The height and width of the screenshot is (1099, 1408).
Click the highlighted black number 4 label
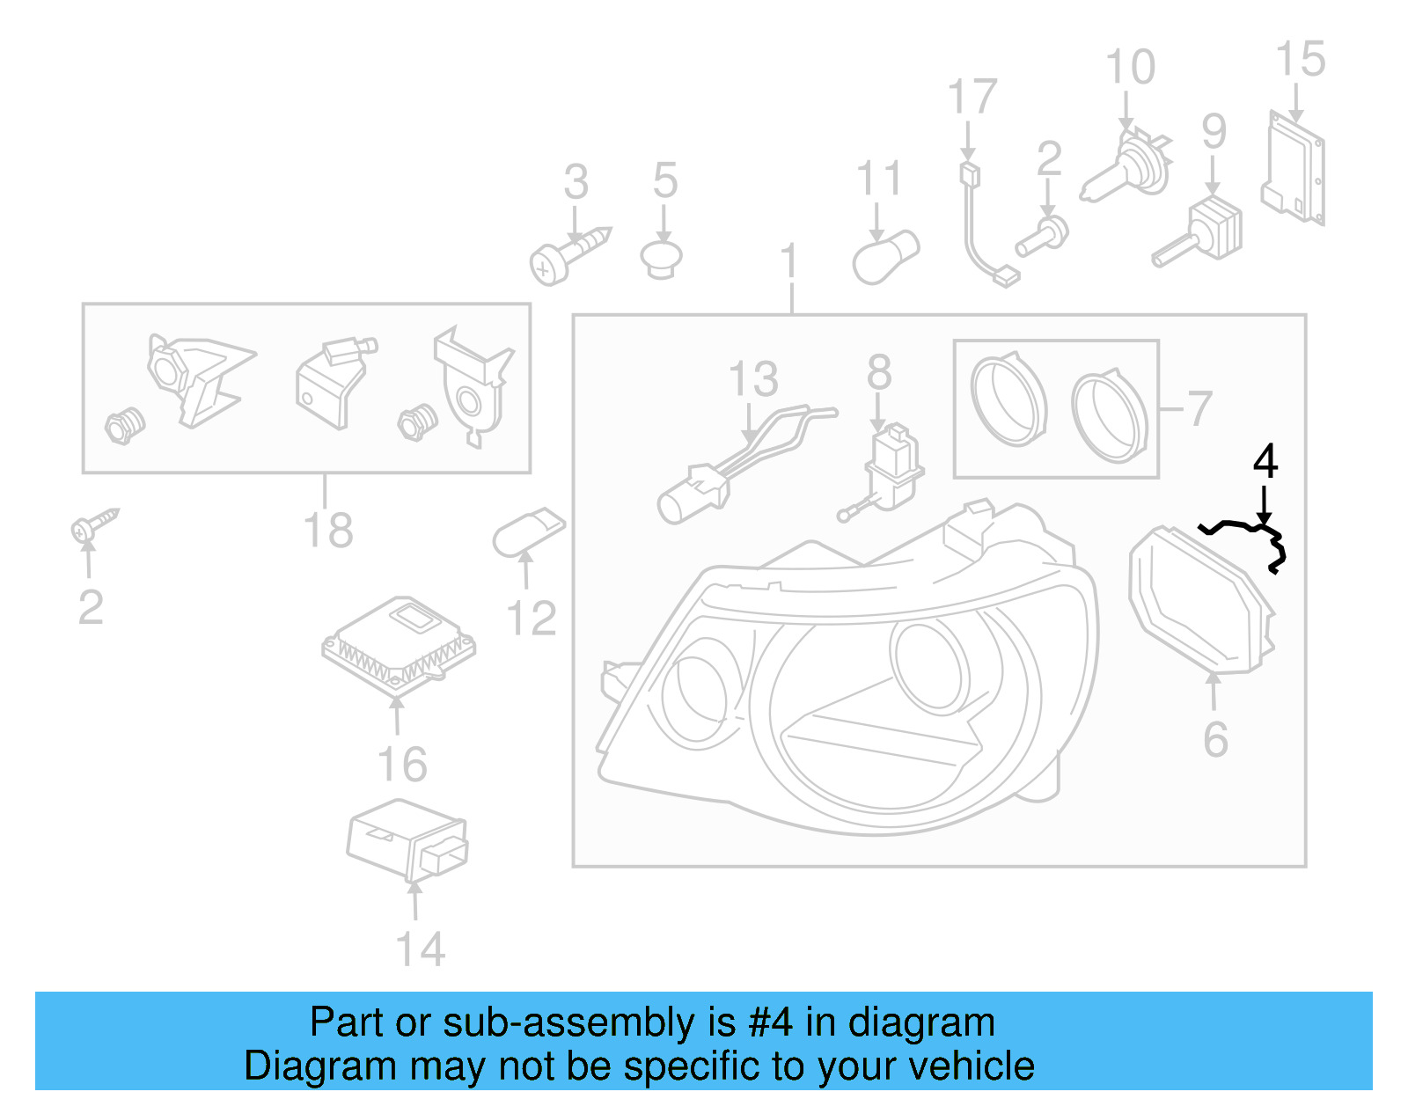pos(1265,461)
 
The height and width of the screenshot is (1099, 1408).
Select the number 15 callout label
pos(1300,60)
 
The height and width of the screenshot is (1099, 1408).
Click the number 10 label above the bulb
pos(1130,68)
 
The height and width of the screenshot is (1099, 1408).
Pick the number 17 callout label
pos(972,97)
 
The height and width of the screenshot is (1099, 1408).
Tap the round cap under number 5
pos(662,258)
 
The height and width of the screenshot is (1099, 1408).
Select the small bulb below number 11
pos(885,257)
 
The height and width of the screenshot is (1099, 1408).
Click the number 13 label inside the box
pos(753,379)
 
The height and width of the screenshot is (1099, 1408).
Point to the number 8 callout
pos(879,372)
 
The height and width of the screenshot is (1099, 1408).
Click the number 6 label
pos(1215,739)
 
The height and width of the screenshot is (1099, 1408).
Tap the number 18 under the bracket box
pos(328,531)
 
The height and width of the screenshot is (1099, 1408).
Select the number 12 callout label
pos(532,619)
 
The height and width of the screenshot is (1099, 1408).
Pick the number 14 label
pos(421,949)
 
